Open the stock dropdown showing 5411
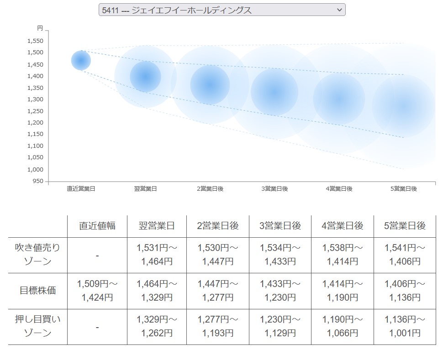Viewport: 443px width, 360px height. click(x=222, y=10)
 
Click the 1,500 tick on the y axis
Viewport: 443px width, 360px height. click(x=35, y=52)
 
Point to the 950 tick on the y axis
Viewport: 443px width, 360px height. click(x=38, y=181)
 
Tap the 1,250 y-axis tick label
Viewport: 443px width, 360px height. click(x=35, y=111)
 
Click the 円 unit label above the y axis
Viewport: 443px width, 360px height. click(x=40, y=28)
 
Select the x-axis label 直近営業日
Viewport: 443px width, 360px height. click(x=81, y=189)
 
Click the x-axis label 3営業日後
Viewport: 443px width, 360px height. click(x=274, y=189)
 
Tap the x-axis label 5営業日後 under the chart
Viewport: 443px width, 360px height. click(x=404, y=189)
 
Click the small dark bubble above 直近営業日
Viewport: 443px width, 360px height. click(x=81, y=60)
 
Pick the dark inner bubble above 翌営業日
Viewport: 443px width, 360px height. click(x=146, y=77)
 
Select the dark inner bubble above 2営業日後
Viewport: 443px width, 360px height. click(x=210, y=84)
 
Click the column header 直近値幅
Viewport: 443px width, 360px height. click(x=97, y=226)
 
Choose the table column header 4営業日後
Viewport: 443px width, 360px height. click(x=342, y=226)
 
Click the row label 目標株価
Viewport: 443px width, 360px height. click(x=38, y=291)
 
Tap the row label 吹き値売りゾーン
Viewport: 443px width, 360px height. click(x=38, y=255)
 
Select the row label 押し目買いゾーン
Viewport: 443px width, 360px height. click(x=38, y=327)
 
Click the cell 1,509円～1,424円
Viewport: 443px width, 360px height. click(x=97, y=291)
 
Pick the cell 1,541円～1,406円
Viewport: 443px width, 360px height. click(x=404, y=255)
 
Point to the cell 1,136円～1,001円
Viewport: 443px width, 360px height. click(x=404, y=327)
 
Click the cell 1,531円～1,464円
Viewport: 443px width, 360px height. click(x=156, y=255)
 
